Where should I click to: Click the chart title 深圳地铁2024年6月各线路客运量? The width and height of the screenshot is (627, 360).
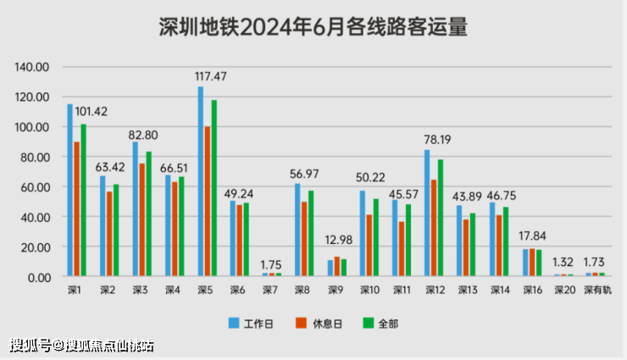(313, 27)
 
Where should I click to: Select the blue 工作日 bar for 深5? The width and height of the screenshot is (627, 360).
(201, 181)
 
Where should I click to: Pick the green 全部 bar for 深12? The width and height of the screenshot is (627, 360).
(441, 218)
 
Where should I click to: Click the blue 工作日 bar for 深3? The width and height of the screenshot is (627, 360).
(136, 209)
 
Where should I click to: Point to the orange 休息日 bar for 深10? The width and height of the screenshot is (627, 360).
(369, 246)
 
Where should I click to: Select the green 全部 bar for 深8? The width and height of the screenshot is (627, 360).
(310, 233)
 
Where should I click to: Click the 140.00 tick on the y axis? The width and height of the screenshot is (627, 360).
(34, 67)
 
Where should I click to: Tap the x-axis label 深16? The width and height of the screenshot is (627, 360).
(532, 290)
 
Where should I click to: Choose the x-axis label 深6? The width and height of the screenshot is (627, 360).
(239, 290)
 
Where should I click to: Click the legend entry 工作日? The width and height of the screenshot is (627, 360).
(254, 323)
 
